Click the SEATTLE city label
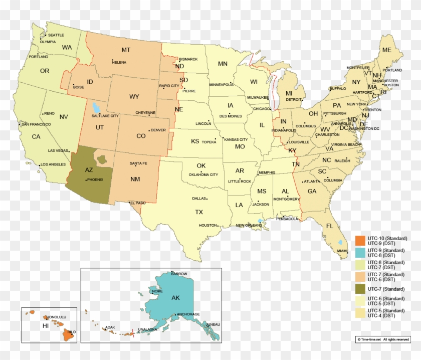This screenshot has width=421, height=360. tap(56, 35)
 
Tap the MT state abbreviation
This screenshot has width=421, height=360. tap(126, 50)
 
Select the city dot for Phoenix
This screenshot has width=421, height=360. tap(86, 180)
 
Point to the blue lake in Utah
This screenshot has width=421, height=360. tap(95, 108)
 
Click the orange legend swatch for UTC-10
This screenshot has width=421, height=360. tap(360, 239)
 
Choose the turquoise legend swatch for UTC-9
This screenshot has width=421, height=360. tap(360, 251)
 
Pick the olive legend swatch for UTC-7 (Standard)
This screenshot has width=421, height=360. tap(360, 289)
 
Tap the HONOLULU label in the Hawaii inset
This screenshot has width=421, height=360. tap(56, 317)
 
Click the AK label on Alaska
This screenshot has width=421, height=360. tap(175, 298)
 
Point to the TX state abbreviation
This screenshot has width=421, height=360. tap(199, 212)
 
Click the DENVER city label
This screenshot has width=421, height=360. tap(158, 130)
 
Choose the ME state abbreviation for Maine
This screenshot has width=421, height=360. tap(386, 50)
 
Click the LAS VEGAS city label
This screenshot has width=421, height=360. tap(58, 150)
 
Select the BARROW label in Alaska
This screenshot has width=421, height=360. tap(179, 274)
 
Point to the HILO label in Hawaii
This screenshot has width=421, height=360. tap(71, 332)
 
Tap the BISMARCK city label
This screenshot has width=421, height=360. tap(188, 59)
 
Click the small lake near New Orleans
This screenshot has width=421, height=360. tap(260, 221)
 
